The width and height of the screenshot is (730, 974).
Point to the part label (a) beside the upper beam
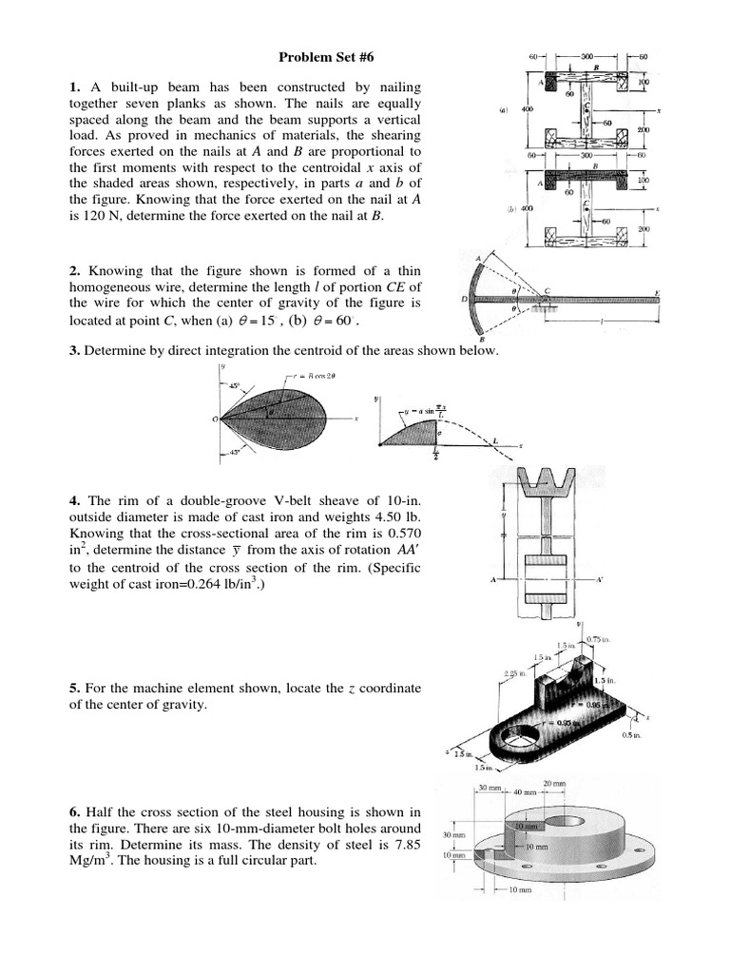pyautogui.click(x=504, y=109)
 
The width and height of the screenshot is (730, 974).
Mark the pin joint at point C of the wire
pyautogui.click(x=543, y=301)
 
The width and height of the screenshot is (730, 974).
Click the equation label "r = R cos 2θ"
pyautogui.click(x=298, y=376)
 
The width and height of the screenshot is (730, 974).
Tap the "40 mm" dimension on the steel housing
pyautogui.click(x=526, y=791)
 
